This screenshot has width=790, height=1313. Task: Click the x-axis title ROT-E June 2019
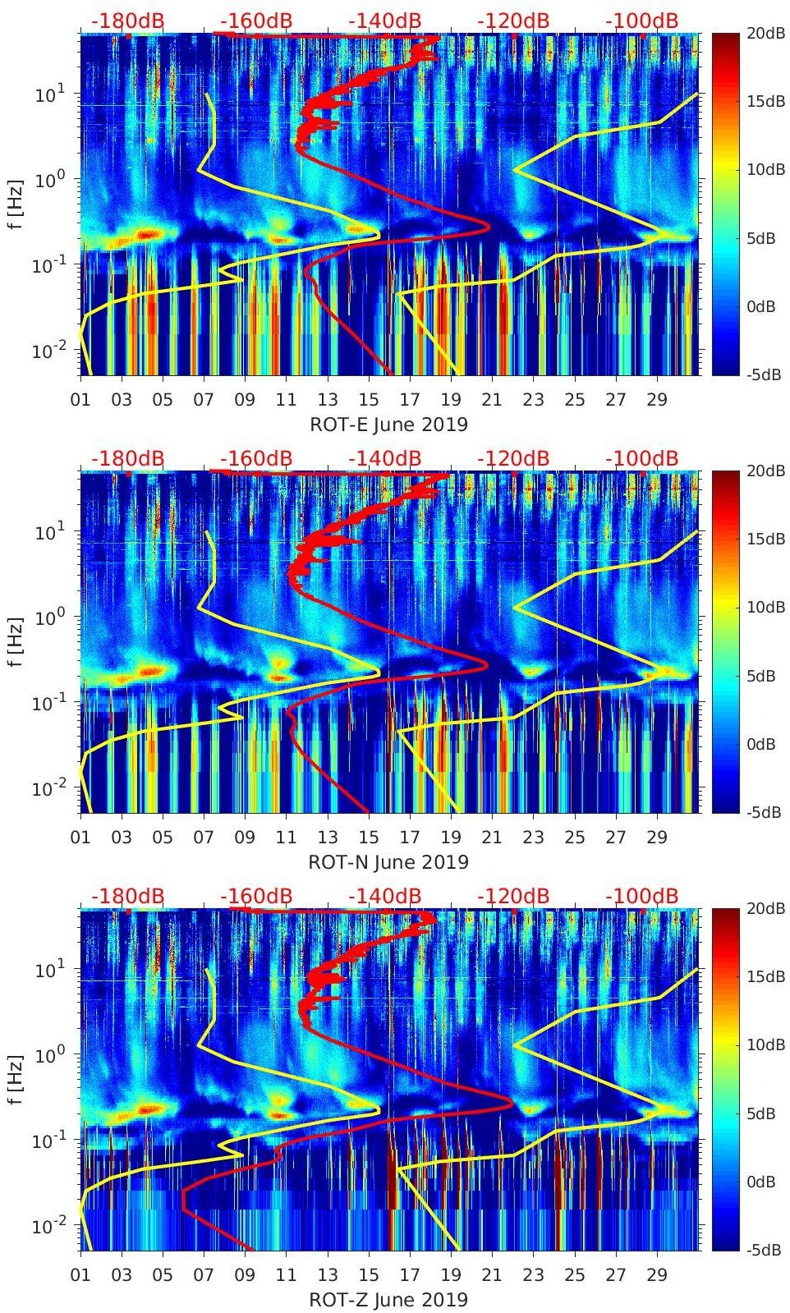(388, 425)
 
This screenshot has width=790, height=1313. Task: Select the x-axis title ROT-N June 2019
(388, 862)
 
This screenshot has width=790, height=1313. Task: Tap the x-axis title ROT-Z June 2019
(388, 1300)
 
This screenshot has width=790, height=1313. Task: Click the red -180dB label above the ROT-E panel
(127, 21)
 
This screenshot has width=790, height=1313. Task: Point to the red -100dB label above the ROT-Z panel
(641, 895)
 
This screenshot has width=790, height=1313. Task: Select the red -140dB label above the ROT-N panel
(384, 458)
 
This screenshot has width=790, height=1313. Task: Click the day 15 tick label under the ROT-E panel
(369, 400)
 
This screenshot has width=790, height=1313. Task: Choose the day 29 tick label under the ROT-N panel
(657, 838)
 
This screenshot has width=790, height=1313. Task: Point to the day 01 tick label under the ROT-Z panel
(80, 1275)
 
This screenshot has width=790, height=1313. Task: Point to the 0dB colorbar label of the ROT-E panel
(765, 306)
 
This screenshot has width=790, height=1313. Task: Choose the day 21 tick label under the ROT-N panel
(492, 838)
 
